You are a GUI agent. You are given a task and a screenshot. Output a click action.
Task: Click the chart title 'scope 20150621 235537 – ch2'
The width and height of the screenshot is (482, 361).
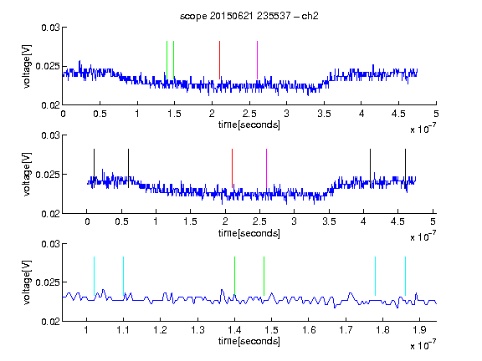(x=249, y=16)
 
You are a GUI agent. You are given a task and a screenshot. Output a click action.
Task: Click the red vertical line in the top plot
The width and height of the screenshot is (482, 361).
(x=219, y=60)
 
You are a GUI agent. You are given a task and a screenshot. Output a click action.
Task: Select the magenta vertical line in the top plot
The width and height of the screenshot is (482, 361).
(x=257, y=60)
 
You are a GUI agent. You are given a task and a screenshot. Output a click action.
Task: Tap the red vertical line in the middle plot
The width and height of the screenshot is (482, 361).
(x=232, y=168)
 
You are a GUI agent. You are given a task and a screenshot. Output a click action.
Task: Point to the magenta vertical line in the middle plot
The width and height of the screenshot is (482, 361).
(x=266, y=168)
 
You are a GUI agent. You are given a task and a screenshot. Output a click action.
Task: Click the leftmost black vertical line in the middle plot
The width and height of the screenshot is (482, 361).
(x=94, y=168)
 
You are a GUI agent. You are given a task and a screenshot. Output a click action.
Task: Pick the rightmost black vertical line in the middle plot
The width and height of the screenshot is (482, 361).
(x=405, y=168)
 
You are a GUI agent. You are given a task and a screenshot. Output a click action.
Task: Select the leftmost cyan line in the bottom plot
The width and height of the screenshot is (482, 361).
(x=94, y=276)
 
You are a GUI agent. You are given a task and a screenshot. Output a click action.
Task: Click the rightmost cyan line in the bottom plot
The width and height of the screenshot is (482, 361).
(x=405, y=276)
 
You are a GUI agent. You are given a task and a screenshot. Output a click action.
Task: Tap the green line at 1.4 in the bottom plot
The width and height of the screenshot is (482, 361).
(x=234, y=276)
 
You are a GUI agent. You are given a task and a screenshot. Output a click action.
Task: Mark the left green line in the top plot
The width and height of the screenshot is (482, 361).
(x=167, y=60)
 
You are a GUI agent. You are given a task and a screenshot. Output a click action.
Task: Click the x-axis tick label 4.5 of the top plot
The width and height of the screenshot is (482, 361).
(x=398, y=114)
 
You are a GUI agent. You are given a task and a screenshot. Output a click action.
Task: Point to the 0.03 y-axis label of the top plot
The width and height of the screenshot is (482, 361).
(x=50, y=28)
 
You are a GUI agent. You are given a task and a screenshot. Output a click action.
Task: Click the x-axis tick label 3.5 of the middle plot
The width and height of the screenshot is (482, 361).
(x=329, y=221)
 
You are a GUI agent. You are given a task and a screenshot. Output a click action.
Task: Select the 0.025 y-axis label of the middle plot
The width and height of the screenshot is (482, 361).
(x=48, y=175)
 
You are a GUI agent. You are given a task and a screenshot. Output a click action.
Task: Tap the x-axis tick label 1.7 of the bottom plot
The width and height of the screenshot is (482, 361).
(x=346, y=330)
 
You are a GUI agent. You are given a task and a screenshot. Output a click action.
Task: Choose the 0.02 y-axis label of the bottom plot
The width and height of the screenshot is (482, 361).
(x=50, y=322)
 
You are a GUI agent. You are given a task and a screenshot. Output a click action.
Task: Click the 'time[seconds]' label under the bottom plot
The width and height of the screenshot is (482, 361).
(x=249, y=341)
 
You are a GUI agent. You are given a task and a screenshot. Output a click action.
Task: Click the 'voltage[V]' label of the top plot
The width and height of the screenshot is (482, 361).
(x=27, y=67)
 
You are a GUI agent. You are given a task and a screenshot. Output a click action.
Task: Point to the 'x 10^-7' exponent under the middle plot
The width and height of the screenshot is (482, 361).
(x=423, y=236)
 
